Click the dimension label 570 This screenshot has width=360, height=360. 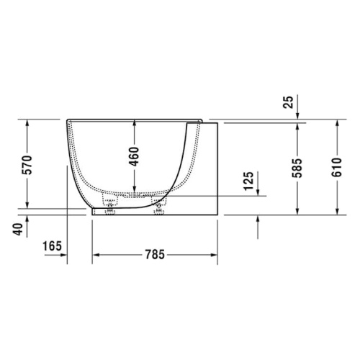pos(27,165)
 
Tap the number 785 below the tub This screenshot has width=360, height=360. pos(154,254)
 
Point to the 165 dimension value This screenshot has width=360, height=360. pos(51,247)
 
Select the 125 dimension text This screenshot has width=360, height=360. pos(248,183)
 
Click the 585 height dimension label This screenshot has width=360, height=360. pos(296,167)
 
